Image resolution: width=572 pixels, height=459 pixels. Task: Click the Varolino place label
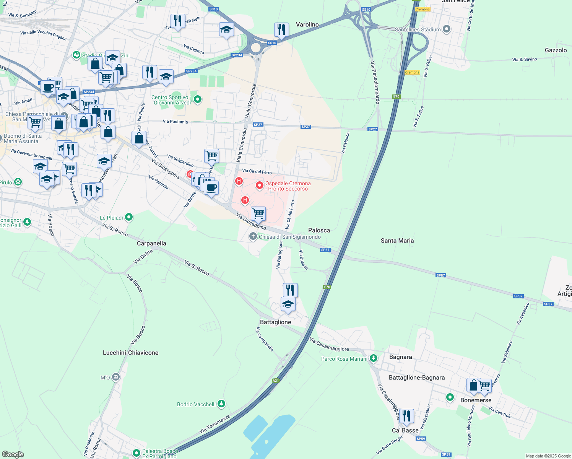click(x=307, y=24)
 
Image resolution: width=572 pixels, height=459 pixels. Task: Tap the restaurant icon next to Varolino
click(x=281, y=29)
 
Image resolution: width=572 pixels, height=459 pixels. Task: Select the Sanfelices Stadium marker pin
click(x=446, y=29)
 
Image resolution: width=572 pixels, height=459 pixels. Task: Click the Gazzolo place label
click(x=556, y=50)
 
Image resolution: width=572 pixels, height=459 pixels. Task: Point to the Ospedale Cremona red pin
click(x=260, y=186)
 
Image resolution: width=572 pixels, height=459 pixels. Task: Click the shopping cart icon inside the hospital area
click(x=258, y=213)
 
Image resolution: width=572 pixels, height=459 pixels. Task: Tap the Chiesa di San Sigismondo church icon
click(x=253, y=236)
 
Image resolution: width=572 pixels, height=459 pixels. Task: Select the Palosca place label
click(x=319, y=230)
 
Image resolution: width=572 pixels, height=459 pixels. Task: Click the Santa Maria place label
click(x=397, y=241)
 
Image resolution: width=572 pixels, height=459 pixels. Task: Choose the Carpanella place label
click(x=151, y=243)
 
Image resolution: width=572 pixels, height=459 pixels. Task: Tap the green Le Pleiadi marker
click(x=129, y=217)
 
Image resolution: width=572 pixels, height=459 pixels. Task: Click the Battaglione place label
click(x=275, y=322)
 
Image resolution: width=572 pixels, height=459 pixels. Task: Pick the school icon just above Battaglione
click(x=288, y=304)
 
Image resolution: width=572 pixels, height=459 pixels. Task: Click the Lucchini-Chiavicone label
click(x=130, y=353)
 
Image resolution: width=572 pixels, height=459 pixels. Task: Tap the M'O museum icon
click(x=116, y=378)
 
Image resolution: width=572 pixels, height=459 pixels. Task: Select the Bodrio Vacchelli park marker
click(x=221, y=404)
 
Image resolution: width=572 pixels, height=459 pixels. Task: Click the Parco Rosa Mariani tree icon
click(x=374, y=358)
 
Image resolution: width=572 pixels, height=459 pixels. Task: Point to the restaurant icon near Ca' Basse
click(x=406, y=416)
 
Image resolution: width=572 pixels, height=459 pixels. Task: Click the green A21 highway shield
click(x=276, y=381)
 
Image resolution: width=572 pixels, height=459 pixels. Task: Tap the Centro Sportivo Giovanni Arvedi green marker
click(x=198, y=100)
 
